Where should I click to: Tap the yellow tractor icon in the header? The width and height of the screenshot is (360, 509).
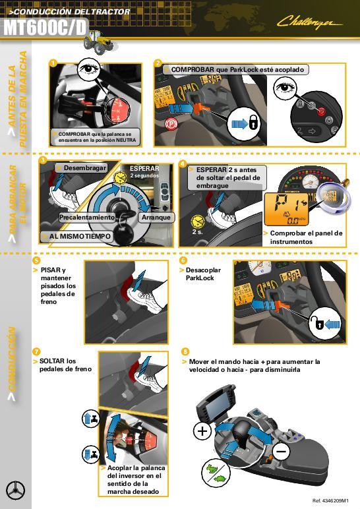tap(98, 40)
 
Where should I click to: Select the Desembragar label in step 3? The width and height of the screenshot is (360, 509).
tap(84, 168)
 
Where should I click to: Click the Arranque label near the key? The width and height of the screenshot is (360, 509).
tap(156, 217)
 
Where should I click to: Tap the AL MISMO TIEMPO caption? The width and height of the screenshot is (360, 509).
tap(75, 235)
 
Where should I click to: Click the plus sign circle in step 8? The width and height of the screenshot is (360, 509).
tap(202, 432)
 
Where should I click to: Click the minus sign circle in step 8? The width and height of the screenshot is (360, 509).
tap(282, 452)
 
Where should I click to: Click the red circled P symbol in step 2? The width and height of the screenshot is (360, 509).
tap(171, 123)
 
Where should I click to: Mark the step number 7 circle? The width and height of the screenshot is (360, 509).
tap(36, 351)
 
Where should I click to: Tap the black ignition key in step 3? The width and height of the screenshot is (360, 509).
tap(121, 234)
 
